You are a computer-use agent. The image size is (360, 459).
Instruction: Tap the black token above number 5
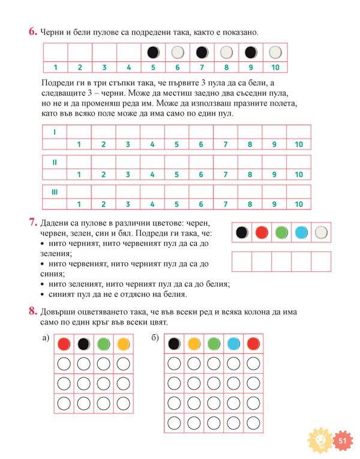tap(153, 52)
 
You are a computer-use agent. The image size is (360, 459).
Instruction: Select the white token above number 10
tap(275, 52)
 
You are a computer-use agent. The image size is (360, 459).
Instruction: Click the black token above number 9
tap(251, 52)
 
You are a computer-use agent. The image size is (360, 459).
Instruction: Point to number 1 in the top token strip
tap(55, 67)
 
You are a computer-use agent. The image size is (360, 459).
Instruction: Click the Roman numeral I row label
tap(55, 131)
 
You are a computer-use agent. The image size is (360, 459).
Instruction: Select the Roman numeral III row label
tap(55, 191)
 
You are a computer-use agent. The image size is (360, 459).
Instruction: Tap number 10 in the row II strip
tap(299, 175)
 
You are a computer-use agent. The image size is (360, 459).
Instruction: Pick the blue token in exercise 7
tap(302, 233)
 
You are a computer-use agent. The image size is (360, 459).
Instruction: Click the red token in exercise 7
tap(261, 233)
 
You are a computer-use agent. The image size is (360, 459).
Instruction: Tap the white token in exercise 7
tap(322, 233)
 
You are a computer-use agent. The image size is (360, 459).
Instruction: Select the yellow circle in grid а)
tap(123, 344)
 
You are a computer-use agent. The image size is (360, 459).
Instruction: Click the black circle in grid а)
tap(83, 344)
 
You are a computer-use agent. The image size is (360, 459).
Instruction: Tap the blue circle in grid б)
tap(233, 344)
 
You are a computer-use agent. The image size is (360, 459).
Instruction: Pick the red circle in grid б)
tap(253, 344)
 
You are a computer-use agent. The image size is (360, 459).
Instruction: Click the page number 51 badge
tap(343, 441)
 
